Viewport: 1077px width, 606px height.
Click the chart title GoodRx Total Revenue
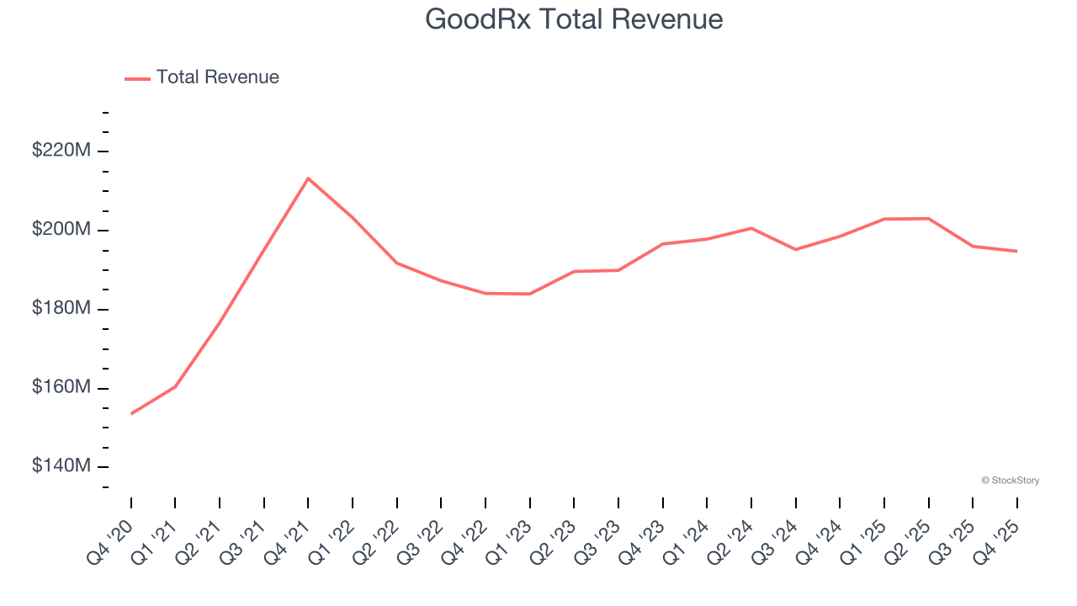coord(574,19)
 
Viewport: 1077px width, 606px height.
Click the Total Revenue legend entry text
coord(217,77)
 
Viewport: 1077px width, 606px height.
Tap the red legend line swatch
coord(137,78)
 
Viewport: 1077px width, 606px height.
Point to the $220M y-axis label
coord(61,151)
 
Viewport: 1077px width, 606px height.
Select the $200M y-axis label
coord(61,230)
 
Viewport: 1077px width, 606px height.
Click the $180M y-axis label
coord(61,309)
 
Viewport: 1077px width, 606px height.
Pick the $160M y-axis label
coord(61,388)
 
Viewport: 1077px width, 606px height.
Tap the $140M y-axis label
coord(61,466)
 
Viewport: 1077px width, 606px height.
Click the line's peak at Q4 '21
coord(308,178)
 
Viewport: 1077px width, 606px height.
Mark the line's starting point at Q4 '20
coord(131,413)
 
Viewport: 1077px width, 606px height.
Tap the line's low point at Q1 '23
coord(529,294)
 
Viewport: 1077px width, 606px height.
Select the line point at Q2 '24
coord(751,228)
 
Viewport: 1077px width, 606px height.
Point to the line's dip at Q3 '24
coord(795,249)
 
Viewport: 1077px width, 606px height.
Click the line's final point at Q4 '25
coord(1016,251)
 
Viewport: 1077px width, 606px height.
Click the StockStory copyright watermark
coord(1010,481)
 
